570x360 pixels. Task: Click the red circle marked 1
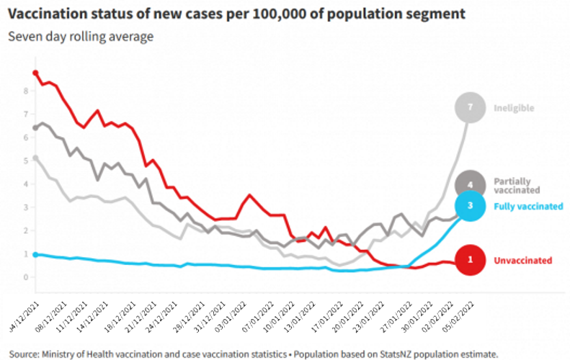pyautogui.click(x=471, y=261)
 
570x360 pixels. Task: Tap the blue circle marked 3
pyautogui.click(x=471, y=206)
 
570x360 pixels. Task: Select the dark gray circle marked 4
pyautogui.click(x=471, y=184)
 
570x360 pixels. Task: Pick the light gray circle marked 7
pyautogui.click(x=470, y=108)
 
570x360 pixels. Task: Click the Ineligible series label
pyautogui.click(x=514, y=108)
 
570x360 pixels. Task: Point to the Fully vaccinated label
pyautogui.click(x=528, y=206)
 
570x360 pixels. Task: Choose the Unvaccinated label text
pyautogui.click(x=522, y=261)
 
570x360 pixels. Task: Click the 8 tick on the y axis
pyautogui.click(x=25, y=91)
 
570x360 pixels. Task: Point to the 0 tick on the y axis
pyautogui.click(x=25, y=277)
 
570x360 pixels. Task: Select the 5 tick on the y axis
pyautogui.click(x=25, y=161)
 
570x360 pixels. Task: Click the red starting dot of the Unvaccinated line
pyautogui.click(x=35, y=73)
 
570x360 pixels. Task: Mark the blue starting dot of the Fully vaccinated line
pyautogui.click(x=35, y=254)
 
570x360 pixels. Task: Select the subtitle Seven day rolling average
pyautogui.click(x=81, y=36)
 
